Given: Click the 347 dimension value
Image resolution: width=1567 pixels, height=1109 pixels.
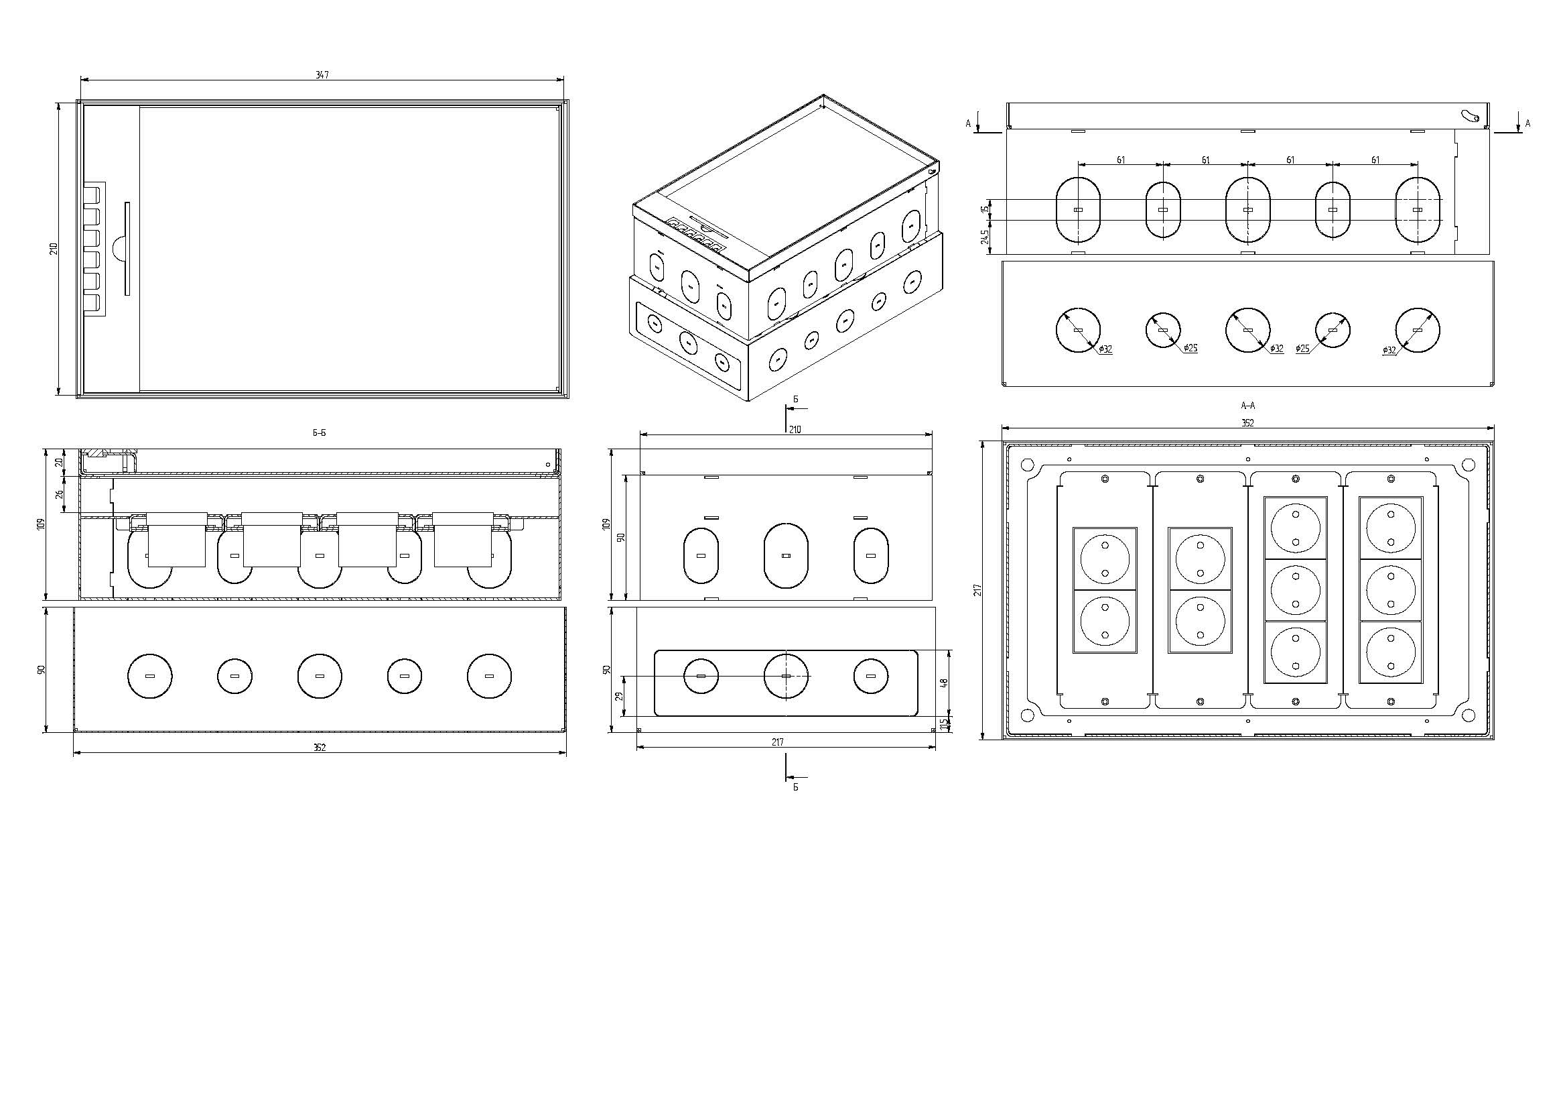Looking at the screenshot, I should pyautogui.click(x=322, y=74).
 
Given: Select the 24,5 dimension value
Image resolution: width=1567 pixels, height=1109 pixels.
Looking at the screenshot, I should pyautogui.click(x=985, y=237).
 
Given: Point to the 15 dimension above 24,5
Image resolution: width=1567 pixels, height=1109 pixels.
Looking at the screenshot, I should pyautogui.click(x=985, y=209).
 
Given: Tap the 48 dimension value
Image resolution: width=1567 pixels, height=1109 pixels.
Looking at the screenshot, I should pyautogui.click(x=945, y=682).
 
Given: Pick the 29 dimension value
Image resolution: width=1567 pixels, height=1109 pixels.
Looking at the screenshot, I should pyautogui.click(x=620, y=696).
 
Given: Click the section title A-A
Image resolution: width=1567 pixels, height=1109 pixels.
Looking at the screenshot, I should pyautogui.click(x=1247, y=406).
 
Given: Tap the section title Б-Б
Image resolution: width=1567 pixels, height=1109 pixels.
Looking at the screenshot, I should pyautogui.click(x=319, y=432).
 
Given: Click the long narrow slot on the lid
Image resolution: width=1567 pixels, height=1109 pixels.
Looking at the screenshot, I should pyautogui.click(x=127, y=249).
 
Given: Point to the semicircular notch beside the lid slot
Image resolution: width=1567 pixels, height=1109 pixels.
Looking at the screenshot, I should pyautogui.click(x=117, y=249).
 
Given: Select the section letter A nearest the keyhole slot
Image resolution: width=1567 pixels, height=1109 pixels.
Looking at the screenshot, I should pyautogui.click(x=1527, y=123).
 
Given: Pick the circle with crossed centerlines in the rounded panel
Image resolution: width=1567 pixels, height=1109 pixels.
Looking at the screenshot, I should pyautogui.click(x=786, y=676).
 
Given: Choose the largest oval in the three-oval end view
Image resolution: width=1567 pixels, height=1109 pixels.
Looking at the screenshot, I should pyautogui.click(x=786, y=555).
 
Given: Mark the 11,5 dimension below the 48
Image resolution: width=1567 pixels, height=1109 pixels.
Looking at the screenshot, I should pyautogui.click(x=945, y=724).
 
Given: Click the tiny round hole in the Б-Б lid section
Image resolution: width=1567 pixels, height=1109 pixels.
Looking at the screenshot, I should pyautogui.click(x=549, y=463).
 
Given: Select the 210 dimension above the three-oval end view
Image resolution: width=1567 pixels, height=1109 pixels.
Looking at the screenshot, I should pyautogui.click(x=795, y=430).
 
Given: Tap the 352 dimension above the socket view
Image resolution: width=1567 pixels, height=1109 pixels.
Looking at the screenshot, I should pyautogui.click(x=1247, y=422).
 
